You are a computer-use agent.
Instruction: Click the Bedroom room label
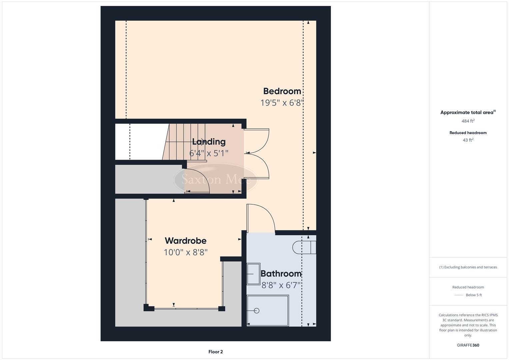(282, 91)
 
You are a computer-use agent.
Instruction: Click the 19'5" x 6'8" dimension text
(282, 103)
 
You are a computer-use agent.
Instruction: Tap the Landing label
(209, 142)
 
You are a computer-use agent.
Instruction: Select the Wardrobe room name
(185, 241)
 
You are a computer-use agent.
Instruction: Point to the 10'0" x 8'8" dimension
(185, 252)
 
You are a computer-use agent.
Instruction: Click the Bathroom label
(281, 274)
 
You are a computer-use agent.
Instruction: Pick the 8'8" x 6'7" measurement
(281, 285)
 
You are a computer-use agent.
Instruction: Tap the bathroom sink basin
(253, 274)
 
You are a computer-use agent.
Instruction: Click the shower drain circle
(256, 311)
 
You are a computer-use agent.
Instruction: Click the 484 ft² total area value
(468, 121)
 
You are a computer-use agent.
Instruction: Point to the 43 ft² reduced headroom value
(468, 140)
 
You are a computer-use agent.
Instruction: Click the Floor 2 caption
(215, 352)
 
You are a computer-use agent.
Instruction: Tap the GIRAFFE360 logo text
(468, 345)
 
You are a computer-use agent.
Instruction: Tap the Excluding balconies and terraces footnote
(468, 267)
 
